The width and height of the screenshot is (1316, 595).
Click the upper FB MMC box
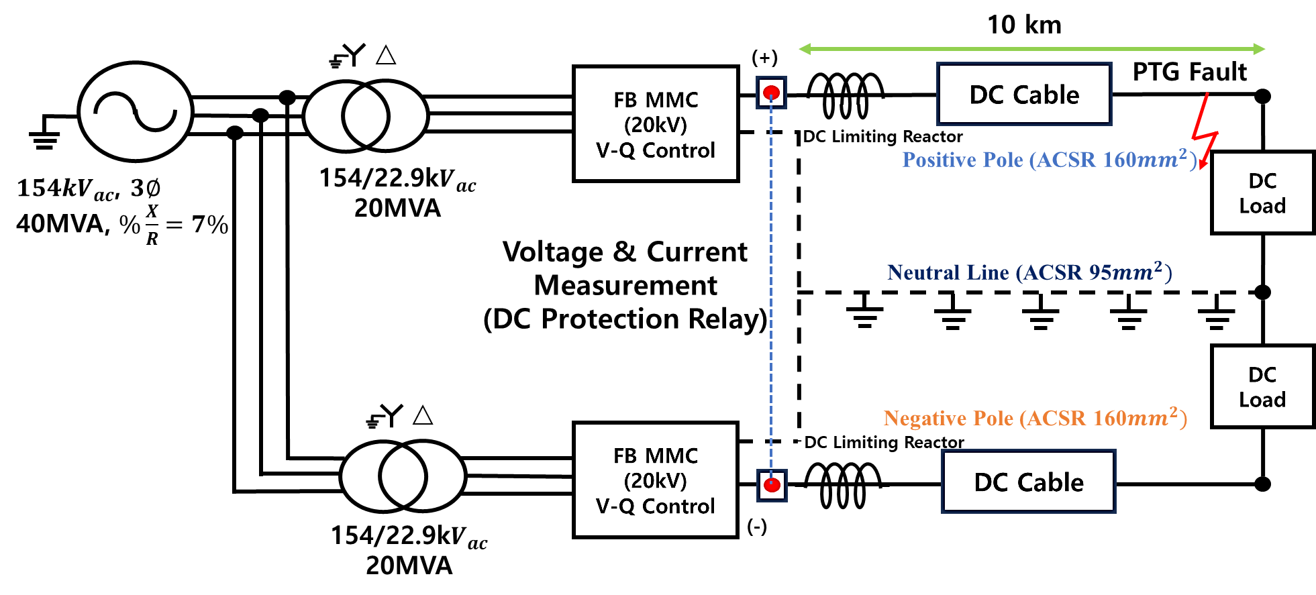(x=656, y=124)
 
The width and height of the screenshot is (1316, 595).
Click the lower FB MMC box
(x=656, y=480)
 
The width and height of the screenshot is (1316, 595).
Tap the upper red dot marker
(x=772, y=92)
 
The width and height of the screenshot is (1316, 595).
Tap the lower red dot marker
(x=772, y=485)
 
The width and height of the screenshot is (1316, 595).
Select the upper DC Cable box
(x=1024, y=95)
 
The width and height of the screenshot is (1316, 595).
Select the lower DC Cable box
(x=1028, y=482)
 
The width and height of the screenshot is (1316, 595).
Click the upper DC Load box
(x=1262, y=193)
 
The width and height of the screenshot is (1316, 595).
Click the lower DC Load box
(x=1262, y=386)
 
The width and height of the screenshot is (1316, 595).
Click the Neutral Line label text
(x=1029, y=272)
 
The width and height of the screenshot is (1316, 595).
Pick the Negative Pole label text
(x=1035, y=418)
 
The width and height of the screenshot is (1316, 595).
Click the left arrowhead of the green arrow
(x=804, y=49)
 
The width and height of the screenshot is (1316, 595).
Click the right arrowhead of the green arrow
(x=1260, y=49)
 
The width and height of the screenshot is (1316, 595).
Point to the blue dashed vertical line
(x=771, y=288)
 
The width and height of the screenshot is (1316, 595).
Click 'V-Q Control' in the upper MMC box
(x=656, y=150)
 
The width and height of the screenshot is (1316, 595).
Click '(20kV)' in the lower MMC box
(x=656, y=480)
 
